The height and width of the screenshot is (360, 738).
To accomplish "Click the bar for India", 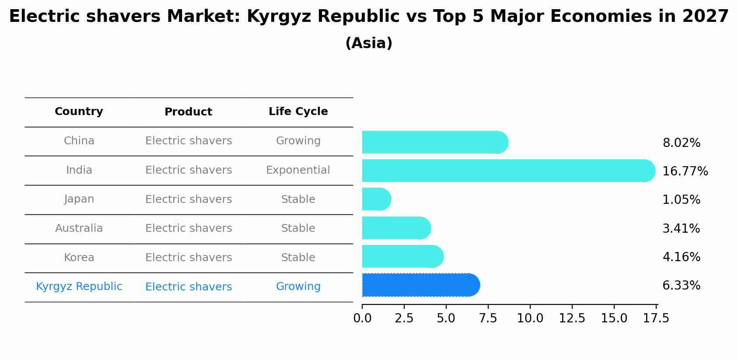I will [507, 171].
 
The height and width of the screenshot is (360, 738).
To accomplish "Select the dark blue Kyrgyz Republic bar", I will [420, 285].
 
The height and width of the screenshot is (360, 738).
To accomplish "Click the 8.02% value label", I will [681, 143].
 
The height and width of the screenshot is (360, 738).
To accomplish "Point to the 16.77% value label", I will [685, 171].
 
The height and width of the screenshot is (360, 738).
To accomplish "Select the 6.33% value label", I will [681, 286].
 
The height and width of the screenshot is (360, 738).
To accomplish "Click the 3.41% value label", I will [681, 229].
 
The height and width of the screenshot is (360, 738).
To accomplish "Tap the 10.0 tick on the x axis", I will [530, 318].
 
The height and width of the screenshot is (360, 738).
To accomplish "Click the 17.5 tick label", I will [656, 318].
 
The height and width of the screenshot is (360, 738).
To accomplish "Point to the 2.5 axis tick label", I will [404, 318].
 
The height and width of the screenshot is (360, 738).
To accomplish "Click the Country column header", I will [79, 112].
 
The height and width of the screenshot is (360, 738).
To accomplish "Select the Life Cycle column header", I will [298, 112].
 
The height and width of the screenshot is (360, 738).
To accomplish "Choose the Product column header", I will [188, 112].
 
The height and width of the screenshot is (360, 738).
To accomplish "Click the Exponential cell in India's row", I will [298, 170].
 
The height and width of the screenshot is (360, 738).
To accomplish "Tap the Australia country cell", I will [79, 228].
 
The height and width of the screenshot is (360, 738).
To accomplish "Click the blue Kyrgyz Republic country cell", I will [79, 287].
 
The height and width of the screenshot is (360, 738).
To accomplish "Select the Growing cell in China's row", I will [298, 141].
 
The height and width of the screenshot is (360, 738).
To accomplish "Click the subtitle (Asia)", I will [368, 43].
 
